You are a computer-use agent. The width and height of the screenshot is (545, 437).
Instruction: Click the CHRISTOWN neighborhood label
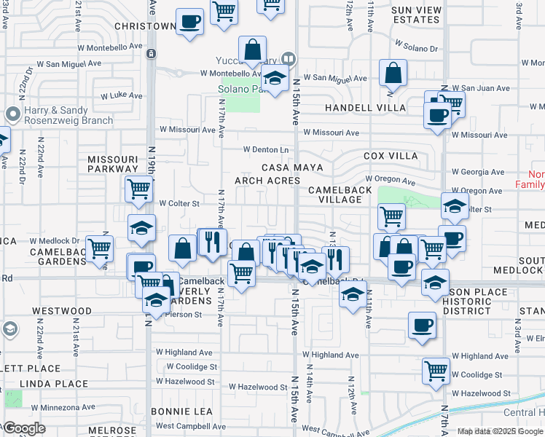point(146,26)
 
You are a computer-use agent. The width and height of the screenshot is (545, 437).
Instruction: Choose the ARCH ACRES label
point(267,180)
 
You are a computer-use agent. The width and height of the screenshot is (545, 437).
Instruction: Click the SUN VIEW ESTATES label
point(416,15)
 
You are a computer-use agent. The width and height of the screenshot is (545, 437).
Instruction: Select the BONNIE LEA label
point(181,412)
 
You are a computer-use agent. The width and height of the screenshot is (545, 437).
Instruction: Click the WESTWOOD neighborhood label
point(62,311)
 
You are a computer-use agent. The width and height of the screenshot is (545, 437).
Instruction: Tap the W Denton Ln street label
point(266,150)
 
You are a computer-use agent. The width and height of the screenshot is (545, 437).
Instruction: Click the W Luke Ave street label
point(121,95)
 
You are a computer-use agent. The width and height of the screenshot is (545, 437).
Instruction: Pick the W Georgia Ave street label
point(477,173)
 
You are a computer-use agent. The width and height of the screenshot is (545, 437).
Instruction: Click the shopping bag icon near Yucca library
point(252,50)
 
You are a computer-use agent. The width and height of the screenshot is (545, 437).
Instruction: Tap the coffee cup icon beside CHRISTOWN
point(189,21)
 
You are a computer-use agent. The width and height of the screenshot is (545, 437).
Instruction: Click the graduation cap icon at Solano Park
point(274,79)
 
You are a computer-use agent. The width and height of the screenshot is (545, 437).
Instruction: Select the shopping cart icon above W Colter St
point(138,189)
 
